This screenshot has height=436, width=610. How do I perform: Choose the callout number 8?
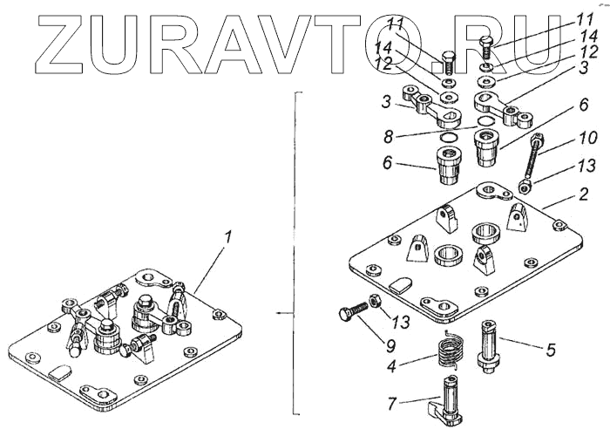400,136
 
